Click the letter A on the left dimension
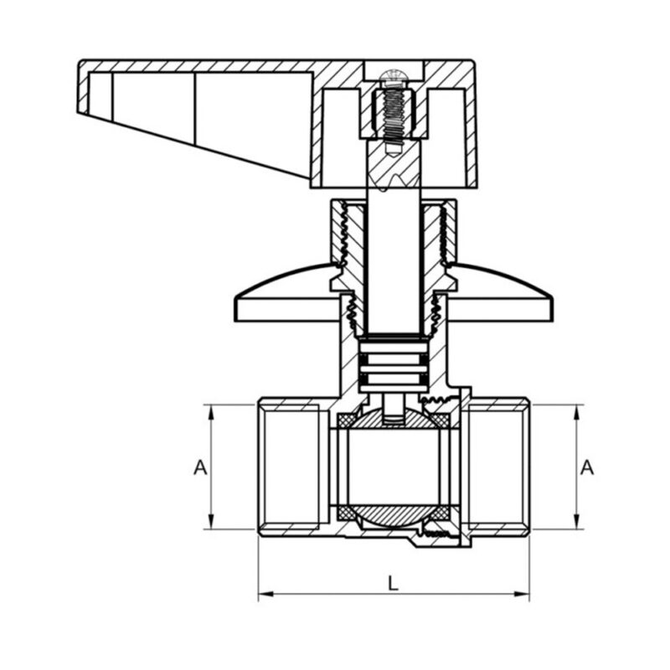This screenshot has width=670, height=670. (199, 467)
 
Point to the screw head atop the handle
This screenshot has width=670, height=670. (393, 79)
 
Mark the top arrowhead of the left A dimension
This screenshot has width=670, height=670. (210, 411)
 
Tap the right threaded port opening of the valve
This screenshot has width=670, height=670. (498, 466)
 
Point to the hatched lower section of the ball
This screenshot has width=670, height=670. (393, 512)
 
